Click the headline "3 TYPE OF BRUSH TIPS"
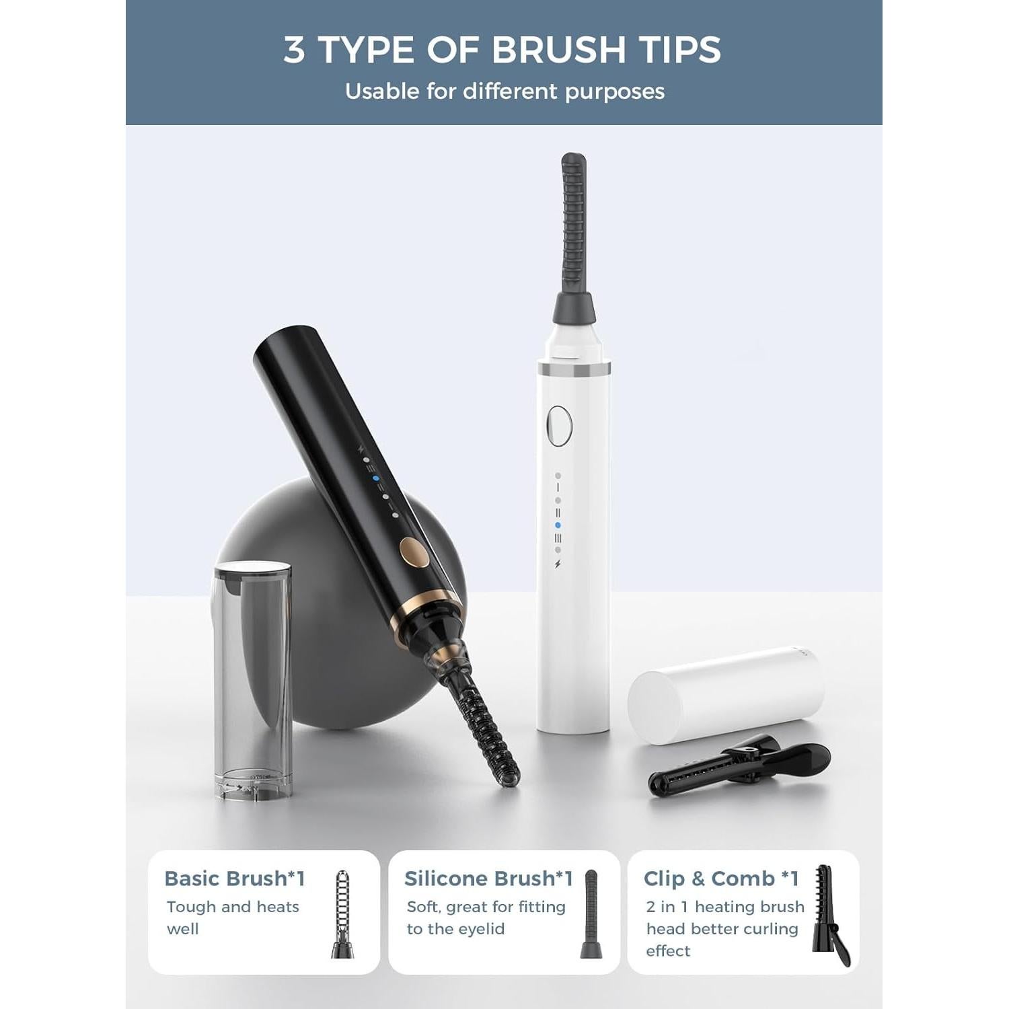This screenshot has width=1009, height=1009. pyautogui.click(x=502, y=50)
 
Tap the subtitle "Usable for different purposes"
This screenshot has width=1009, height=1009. pyautogui.click(x=504, y=91)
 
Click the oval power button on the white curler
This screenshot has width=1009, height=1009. pyautogui.click(x=559, y=426)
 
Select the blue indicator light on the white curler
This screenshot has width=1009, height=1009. pyautogui.click(x=558, y=525)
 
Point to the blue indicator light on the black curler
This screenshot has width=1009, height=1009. pyautogui.click(x=376, y=480)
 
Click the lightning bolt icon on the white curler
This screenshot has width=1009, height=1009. pyautogui.click(x=558, y=564)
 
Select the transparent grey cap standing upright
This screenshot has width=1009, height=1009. pyautogui.click(x=253, y=679)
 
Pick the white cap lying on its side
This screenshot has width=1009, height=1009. pyautogui.click(x=726, y=696)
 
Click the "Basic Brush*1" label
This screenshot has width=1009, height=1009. pyautogui.click(x=235, y=879)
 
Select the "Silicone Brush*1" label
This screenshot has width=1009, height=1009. pyautogui.click(x=488, y=879)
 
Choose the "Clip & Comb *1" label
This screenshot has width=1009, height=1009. pyautogui.click(x=721, y=879)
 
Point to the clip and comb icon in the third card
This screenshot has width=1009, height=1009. pyautogui.click(x=830, y=915)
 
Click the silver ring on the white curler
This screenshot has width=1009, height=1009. pyautogui.click(x=574, y=369)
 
